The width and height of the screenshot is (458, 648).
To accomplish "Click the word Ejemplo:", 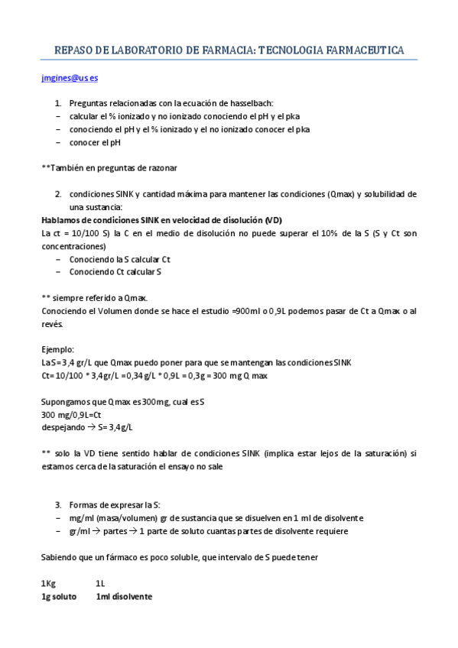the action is tap(58, 348).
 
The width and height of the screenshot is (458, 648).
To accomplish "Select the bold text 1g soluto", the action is tap(58, 596).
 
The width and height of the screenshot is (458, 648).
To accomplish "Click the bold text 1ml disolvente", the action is tap(124, 596).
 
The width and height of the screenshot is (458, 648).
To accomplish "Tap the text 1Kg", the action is tap(48, 583).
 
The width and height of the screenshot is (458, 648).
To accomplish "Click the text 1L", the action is tap(100, 583).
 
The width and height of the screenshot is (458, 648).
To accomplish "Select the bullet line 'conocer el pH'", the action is tap(95, 141).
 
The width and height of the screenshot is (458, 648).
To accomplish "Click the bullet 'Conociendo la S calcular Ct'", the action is tap(119, 259).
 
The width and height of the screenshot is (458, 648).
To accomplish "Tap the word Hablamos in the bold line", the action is tap(60, 219).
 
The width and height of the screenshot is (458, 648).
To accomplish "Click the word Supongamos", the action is tap(66, 402).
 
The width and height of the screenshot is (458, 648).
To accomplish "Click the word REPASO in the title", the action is tap(74, 50).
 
